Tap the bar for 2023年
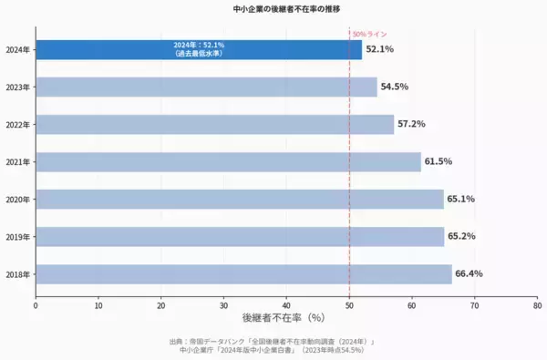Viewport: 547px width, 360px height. (206, 87)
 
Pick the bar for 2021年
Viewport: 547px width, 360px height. (228, 161)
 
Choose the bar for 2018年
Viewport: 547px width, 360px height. (243, 273)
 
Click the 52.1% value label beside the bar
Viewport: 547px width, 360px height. (379, 49)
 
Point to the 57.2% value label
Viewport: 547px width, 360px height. (411, 124)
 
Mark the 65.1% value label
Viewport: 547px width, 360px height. (460, 199)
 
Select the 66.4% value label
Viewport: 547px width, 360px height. (469, 273)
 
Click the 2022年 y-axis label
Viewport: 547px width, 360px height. (17, 124)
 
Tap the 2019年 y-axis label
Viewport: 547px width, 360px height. (17, 236)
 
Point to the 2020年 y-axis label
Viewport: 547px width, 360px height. (17, 199)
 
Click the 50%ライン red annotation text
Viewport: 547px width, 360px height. (369, 34)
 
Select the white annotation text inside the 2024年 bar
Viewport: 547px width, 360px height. (200, 49)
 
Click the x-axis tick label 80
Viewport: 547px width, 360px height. (537, 305)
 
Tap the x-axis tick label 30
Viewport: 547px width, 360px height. (224, 305)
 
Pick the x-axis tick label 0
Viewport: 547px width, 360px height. (36, 305)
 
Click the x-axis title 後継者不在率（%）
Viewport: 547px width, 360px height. (284, 318)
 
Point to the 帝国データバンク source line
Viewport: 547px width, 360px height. (273, 341)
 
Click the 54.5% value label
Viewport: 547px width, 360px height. (395, 87)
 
